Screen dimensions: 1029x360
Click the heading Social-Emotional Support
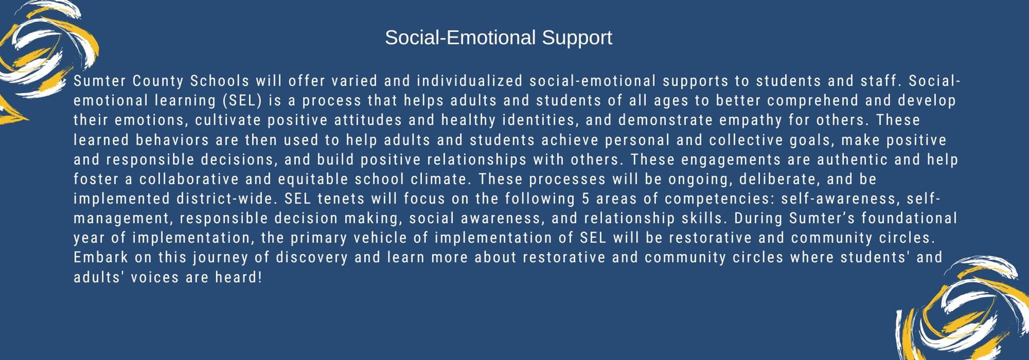(498, 38)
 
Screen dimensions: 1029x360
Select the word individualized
(470, 81)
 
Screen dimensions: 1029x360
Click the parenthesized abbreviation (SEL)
(242, 101)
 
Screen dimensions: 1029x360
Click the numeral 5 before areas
(585, 199)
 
